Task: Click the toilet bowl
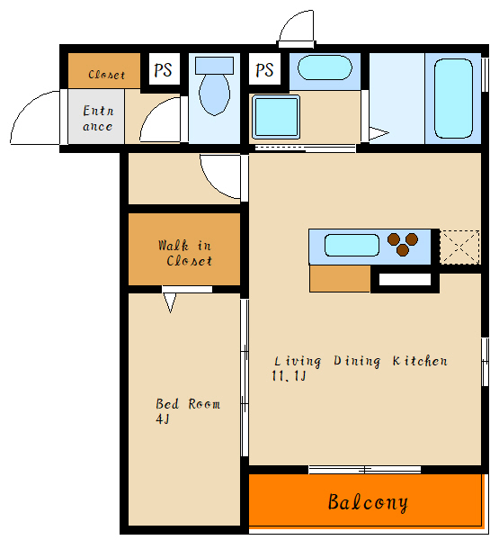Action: (214, 94)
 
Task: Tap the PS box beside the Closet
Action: (165, 69)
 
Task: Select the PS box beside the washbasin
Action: (264, 69)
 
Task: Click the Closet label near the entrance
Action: (106, 75)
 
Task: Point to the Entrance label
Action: (98, 118)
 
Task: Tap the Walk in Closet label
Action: (185, 253)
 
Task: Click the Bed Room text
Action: (188, 403)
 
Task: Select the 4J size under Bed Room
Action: (163, 419)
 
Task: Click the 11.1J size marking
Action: (289, 375)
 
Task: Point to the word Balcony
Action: (368, 502)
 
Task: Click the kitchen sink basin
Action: (352, 245)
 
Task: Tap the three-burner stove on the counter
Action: (403, 244)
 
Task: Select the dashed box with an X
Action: (459, 247)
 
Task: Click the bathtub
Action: (453, 98)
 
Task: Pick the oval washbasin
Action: (325, 67)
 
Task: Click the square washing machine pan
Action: (276, 117)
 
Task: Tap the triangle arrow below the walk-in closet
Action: (170, 302)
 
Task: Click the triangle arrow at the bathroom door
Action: (379, 133)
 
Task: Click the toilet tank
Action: (214, 66)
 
